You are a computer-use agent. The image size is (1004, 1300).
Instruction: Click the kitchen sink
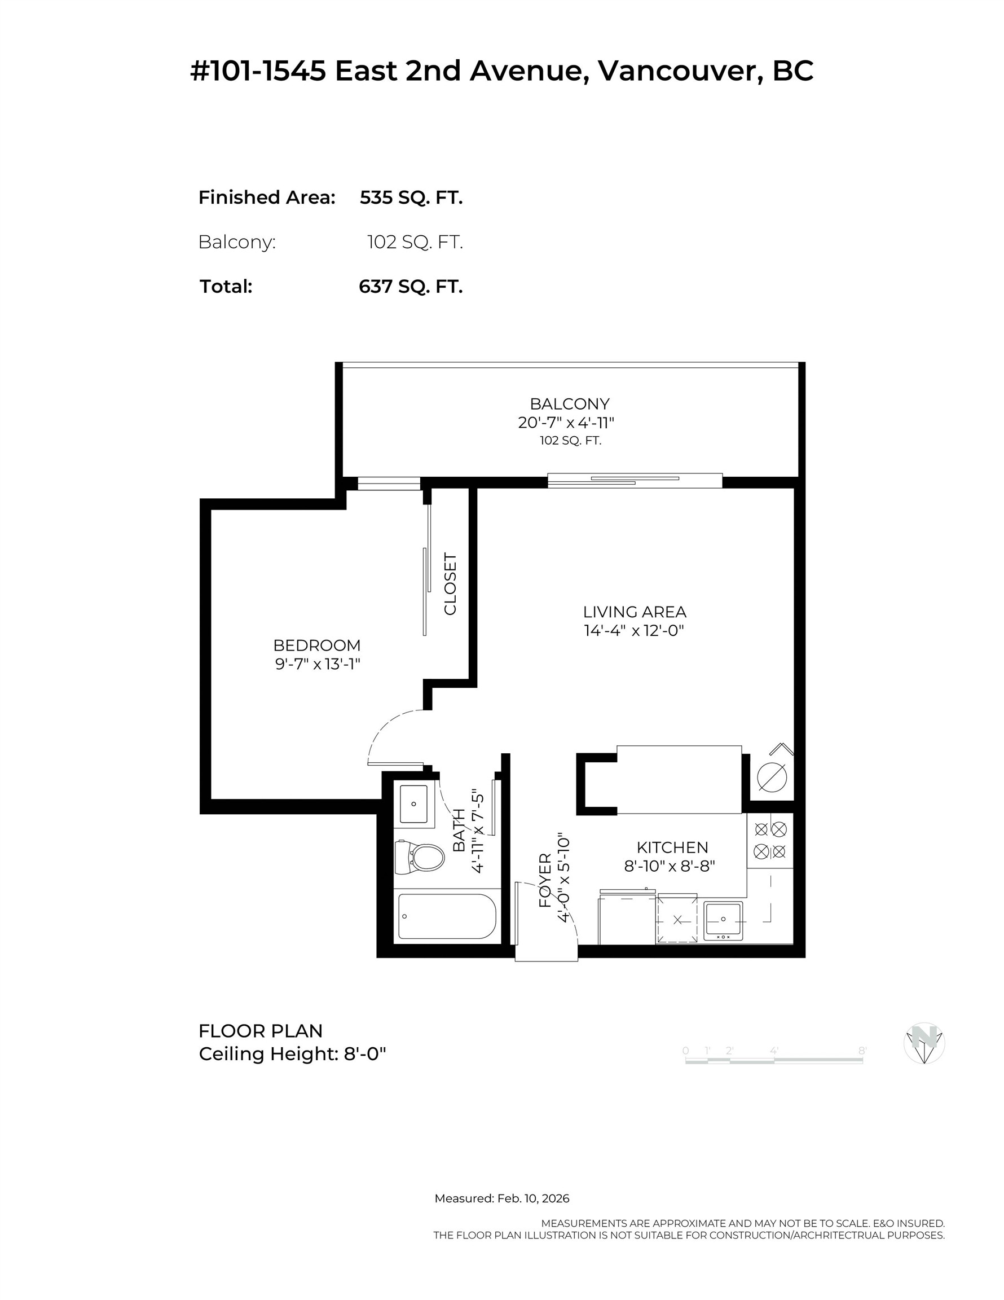723,920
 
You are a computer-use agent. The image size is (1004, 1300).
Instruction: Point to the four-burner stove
770,840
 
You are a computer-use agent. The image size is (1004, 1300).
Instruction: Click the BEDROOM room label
316,645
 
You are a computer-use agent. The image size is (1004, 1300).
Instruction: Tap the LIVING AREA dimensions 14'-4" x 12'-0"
634,630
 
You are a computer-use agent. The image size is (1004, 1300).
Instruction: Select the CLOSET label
451,584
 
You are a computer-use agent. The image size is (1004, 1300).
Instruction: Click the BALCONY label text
570,403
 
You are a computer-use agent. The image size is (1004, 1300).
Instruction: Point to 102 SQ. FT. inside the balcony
570,441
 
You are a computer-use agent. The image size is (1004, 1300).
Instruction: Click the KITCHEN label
672,847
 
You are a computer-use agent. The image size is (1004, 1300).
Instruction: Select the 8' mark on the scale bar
862,1051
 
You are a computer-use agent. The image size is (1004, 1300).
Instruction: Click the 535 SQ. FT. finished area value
411,197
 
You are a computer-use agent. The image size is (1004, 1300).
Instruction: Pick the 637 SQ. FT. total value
411,286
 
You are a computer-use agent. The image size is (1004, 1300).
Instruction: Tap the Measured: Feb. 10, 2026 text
501,1198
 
